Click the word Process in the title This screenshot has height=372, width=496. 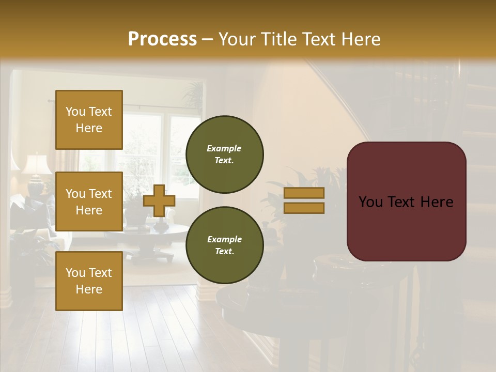coord(162,39)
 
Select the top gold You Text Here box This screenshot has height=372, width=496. coord(89,120)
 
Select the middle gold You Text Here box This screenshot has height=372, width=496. coord(89,202)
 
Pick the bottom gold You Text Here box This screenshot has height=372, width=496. coord(89,281)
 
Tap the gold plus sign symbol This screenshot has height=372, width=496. coord(159,201)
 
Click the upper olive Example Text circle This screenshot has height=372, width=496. coord(224,154)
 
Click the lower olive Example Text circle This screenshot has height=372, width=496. coord(224,245)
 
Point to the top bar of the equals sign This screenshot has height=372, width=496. coord(304,193)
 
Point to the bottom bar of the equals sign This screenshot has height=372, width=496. coord(304,208)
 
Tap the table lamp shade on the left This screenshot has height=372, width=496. coord(36,165)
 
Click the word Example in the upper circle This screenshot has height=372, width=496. coord(224,148)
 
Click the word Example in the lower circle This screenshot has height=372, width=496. coord(224,239)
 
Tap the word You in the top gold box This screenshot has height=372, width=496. coord(75,112)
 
